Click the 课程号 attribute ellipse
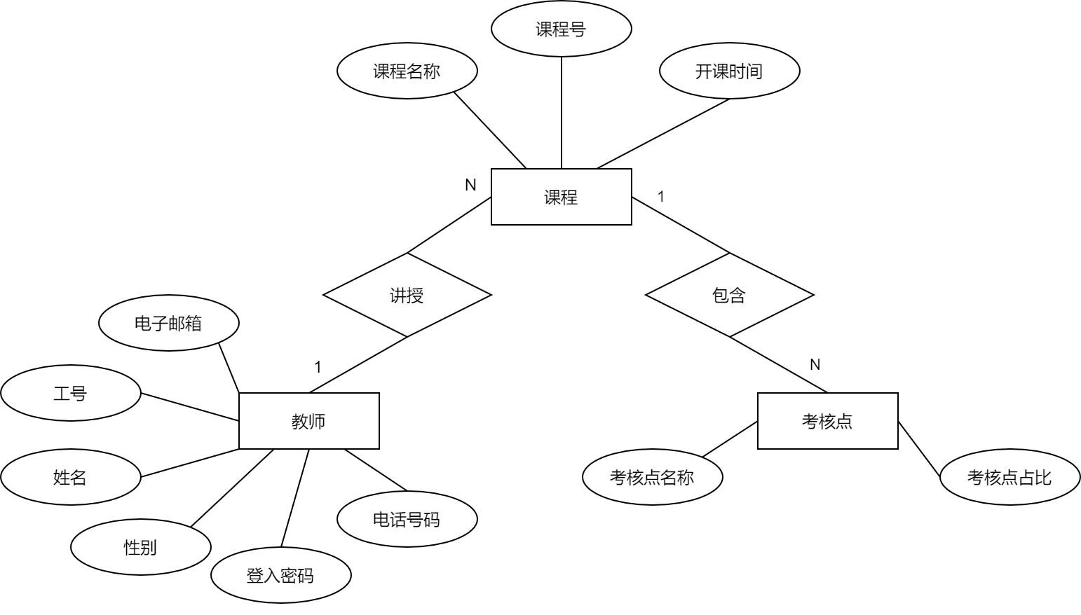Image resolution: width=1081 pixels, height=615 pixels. tap(561, 29)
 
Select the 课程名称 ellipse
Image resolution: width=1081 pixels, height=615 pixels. tap(407, 71)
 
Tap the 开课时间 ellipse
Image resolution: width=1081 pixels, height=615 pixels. tap(729, 71)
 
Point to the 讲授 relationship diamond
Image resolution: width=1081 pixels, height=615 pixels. tap(407, 295)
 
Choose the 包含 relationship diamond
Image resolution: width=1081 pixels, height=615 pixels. tap(729, 295)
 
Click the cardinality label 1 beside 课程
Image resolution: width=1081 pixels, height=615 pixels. tap(660, 197)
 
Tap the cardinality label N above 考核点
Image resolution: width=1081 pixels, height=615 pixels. tap(815, 365)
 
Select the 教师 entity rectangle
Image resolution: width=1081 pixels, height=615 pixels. tap(308, 421)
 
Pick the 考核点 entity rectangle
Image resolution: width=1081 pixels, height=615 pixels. tap(827, 421)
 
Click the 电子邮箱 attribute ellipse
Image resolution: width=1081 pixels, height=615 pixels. tap(168, 323)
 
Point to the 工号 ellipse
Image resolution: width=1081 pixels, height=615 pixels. tap(70, 393)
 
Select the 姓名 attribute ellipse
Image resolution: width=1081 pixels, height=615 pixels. tap(70, 477)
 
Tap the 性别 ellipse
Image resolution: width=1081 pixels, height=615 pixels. tap(140, 547)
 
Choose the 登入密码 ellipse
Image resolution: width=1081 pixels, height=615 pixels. tap(280, 575)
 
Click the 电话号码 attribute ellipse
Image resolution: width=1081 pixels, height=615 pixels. tap(407, 519)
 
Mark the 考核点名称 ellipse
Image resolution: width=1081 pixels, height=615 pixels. tap(652, 477)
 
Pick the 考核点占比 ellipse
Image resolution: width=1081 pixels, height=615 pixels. tap(1009, 477)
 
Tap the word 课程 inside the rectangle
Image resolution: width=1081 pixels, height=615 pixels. tap(561, 198)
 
